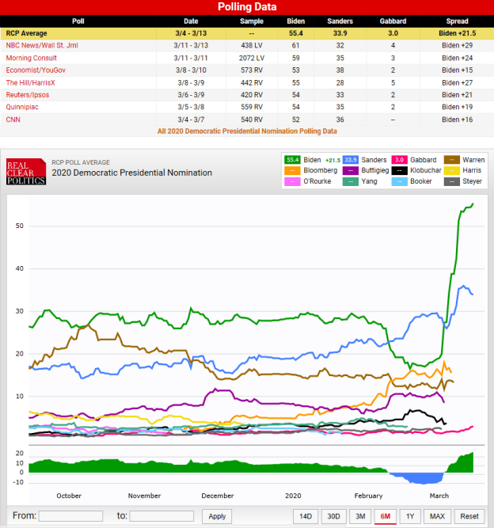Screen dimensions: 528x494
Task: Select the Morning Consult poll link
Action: tap(32, 58)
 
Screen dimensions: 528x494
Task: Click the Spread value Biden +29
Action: tap(459, 46)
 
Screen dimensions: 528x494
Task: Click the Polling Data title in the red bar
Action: tap(247, 7)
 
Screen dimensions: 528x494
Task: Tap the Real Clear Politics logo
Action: tap(26, 171)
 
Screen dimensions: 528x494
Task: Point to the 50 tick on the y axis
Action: tap(18, 226)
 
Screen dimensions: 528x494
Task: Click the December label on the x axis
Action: tap(217, 496)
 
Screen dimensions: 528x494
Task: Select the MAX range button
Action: tap(438, 516)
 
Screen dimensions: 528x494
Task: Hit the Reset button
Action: tap(469, 516)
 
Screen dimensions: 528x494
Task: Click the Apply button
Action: tap(217, 516)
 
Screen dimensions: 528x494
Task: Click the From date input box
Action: tap(70, 516)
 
